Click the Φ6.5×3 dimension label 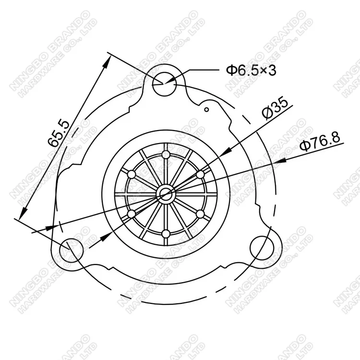pos(251,71)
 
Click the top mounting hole pos(164,85)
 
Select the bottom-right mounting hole pos(262,247)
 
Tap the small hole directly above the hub pos(166,155)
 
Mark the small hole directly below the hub pos(166,234)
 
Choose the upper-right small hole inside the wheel pos(200,174)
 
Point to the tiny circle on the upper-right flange pos(206,110)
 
